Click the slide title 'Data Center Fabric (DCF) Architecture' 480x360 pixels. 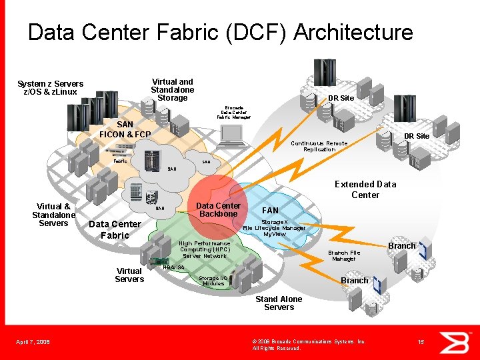(x=220, y=33)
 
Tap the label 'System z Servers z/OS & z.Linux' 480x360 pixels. (x=51, y=88)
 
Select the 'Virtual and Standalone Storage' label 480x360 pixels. (x=172, y=90)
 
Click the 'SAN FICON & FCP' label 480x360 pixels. (x=125, y=129)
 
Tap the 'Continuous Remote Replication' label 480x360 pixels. (x=319, y=146)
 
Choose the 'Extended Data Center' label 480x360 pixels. (x=365, y=189)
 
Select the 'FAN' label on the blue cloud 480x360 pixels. (x=271, y=211)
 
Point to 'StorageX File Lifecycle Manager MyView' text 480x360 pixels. (x=274, y=228)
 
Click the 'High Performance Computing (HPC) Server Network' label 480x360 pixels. (x=205, y=250)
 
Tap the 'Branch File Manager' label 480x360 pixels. (x=344, y=256)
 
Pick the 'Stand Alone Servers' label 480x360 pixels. (x=279, y=303)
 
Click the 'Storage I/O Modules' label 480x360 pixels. (x=213, y=281)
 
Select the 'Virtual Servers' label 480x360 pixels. (x=129, y=275)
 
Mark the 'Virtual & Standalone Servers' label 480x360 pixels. (x=53, y=215)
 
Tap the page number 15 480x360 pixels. (x=421, y=342)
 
